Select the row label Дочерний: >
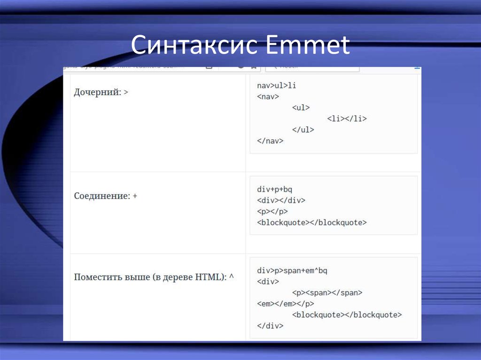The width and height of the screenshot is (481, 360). (x=101, y=92)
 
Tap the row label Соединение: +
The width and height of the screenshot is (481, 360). (x=106, y=196)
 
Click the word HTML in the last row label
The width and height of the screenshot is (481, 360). (x=209, y=277)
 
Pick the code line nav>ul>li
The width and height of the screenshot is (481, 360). (x=277, y=85)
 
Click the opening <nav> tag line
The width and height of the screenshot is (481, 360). (x=268, y=97)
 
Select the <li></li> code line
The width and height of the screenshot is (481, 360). (x=347, y=119)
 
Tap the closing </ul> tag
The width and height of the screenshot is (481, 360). (x=303, y=130)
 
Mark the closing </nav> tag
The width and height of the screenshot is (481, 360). (x=271, y=140)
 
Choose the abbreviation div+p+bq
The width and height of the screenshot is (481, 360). (x=275, y=189)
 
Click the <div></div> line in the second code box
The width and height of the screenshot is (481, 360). (x=281, y=200)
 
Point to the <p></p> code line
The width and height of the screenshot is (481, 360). (x=272, y=211)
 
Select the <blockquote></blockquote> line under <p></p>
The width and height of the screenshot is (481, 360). (x=312, y=222)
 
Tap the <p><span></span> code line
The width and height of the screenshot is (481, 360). (x=327, y=293)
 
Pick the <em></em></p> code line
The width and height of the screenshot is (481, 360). (x=286, y=304)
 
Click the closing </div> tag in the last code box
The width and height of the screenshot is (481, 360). (x=271, y=325)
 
